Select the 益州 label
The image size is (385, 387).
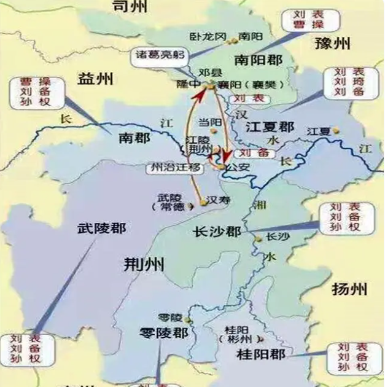point(96,78)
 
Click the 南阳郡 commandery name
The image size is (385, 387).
point(259,60)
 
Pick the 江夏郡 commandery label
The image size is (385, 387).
point(270,127)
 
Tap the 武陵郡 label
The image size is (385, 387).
point(101,229)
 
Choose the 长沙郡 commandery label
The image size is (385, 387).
point(217,232)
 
